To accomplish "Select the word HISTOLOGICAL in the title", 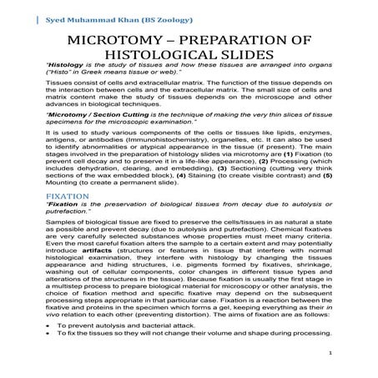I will [x=178, y=56].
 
